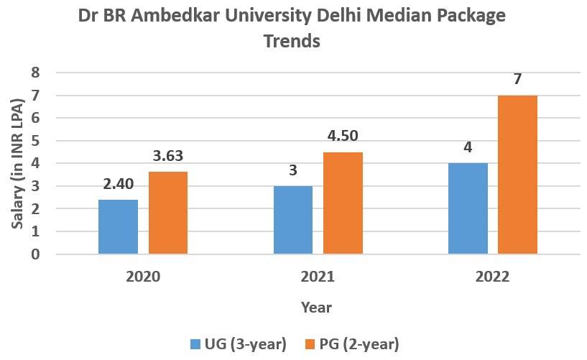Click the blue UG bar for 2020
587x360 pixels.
pyautogui.click(x=118, y=226)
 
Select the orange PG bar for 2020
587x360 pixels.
pyautogui.click(x=168, y=213)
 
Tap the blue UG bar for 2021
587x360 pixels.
pyautogui.click(x=293, y=220)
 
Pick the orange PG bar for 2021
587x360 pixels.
pyautogui.click(x=343, y=203)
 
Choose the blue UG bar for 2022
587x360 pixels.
pyautogui.click(x=468, y=208)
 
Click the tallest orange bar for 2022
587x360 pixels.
pyautogui.click(x=517, y=175)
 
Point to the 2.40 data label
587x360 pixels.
pyautogui.click(x=119, y=185)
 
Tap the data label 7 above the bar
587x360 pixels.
pyautogui.click(x=517, y=80)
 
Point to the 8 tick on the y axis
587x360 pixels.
pyautogui.click(x=34, y=73)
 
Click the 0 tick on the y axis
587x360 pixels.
pyautogui.click(x=34, y=254)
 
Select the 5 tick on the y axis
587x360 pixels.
pyautogui.click(x=34, y=141)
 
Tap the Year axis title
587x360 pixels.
pyautogui.click(x=316, y=308)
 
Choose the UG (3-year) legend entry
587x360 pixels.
pyautogui.click(x=239, y=344)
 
